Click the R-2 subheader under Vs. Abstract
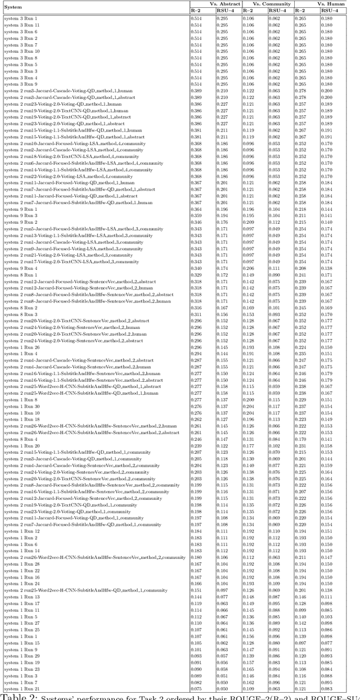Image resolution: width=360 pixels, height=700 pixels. pyautogui.click(x=196, y=11)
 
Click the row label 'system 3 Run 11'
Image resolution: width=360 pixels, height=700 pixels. pyautogui.click(x=22, y=25)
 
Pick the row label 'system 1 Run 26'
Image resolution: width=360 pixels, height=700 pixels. pyautogui.click(x=22, y=347)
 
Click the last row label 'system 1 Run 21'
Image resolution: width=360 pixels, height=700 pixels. pyautogui.click(x=22, y=689)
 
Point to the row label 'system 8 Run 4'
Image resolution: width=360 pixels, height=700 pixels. pyautogui.click(x=21, y=439)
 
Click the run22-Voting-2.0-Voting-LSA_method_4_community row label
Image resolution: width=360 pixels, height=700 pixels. pyautogui.click(x=70, y=177)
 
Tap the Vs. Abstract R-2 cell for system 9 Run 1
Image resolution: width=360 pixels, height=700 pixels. pyautogui.click(x=196, y=210)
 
